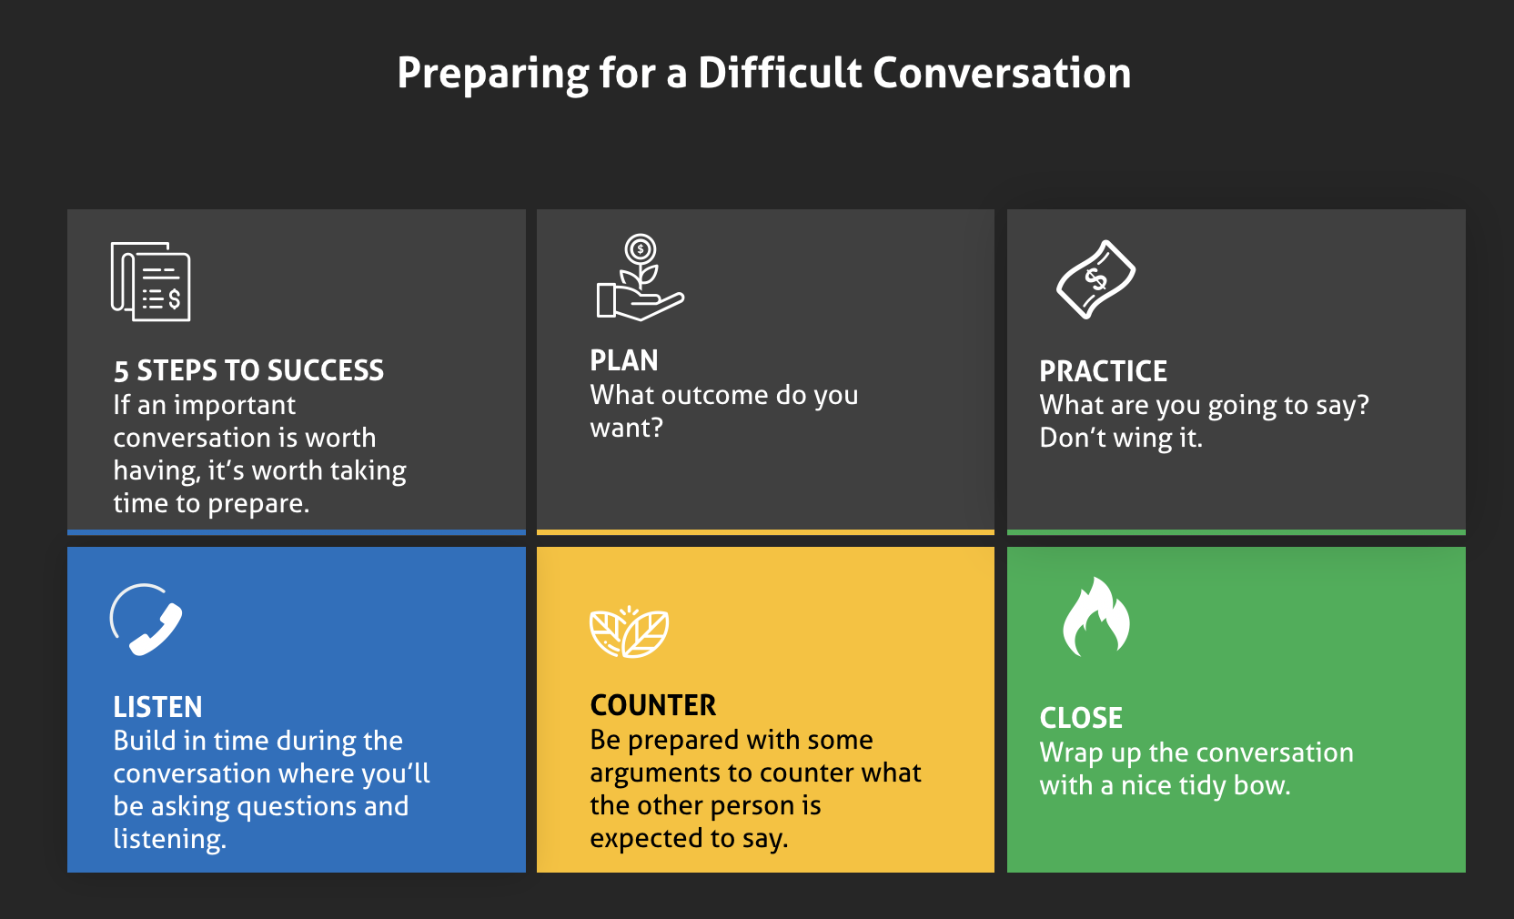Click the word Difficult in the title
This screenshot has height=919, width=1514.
(780, 72)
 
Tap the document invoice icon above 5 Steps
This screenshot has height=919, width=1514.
(151, 281)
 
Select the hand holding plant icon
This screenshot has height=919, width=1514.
(640, 277)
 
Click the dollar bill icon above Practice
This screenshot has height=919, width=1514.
(1095, 279)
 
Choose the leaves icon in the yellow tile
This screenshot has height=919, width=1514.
(630, 631)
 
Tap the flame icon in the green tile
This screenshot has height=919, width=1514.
(1095, 616)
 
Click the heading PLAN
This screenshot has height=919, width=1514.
(624, 361)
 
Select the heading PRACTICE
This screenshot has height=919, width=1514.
(1103, 371)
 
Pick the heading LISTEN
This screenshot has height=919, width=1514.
(157, 707)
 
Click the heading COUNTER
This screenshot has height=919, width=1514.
(653, 705)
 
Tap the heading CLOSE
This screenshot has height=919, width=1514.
(1081, 718)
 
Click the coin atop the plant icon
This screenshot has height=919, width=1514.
(640, 249)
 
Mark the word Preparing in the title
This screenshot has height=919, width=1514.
(493, 74)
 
